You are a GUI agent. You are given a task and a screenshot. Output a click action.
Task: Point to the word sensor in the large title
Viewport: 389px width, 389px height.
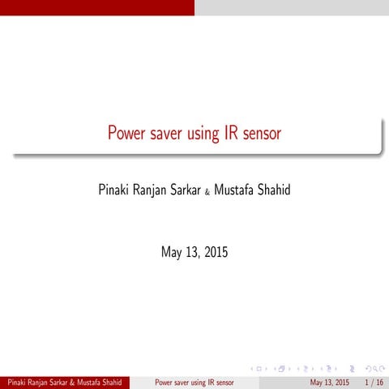(263, 134)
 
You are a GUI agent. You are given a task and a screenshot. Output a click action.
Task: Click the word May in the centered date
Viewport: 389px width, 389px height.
(172, 252)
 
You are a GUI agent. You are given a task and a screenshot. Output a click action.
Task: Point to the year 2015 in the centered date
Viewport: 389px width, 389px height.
(215, 252)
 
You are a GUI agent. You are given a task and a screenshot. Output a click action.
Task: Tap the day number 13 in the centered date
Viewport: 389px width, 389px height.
(192, 252)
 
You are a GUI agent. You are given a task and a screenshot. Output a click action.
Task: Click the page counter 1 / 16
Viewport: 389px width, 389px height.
(374, 382)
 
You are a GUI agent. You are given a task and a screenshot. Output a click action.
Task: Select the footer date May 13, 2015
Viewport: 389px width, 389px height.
(330, 382)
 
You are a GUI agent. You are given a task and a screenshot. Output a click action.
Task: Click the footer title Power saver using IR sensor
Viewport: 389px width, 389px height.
(194, 382)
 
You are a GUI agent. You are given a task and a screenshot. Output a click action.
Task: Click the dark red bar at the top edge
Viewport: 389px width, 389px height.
(97, 7)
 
